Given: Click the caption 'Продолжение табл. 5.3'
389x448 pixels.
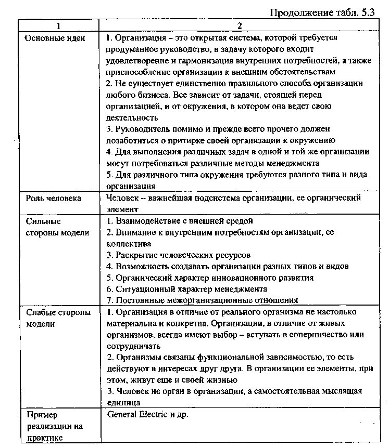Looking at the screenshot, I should pyautogui.click(x=322, y=14).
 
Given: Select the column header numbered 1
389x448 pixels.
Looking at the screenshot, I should pyautogui.click(x=58, y=25).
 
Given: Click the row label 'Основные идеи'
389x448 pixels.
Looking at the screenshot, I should pyautogui.click(x=52, y=38).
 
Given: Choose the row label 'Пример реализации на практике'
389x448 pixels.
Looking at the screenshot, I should pyautogui.click(x=54, y=426).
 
